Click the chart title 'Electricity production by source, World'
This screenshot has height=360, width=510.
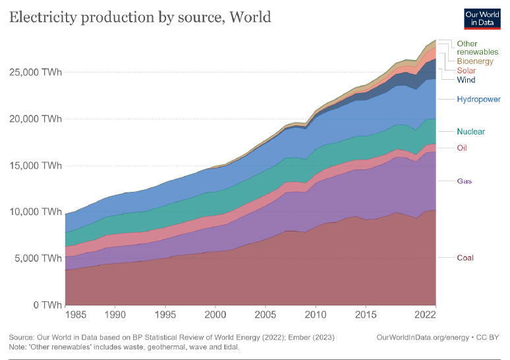coord(140,17)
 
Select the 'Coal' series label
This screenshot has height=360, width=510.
coord(466,257)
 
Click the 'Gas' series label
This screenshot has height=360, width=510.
coord(465,181)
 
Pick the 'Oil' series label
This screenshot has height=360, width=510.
coord(462,148)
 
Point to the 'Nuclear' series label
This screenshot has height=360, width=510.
coord(470,131)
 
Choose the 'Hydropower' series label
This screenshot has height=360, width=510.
coord(478,100)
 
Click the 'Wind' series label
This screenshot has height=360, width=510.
coord(466,80)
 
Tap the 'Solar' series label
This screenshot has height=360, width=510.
coord(467,71)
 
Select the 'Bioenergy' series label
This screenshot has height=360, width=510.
coord(474,61)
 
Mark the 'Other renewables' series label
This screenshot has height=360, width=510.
coord(477,47)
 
